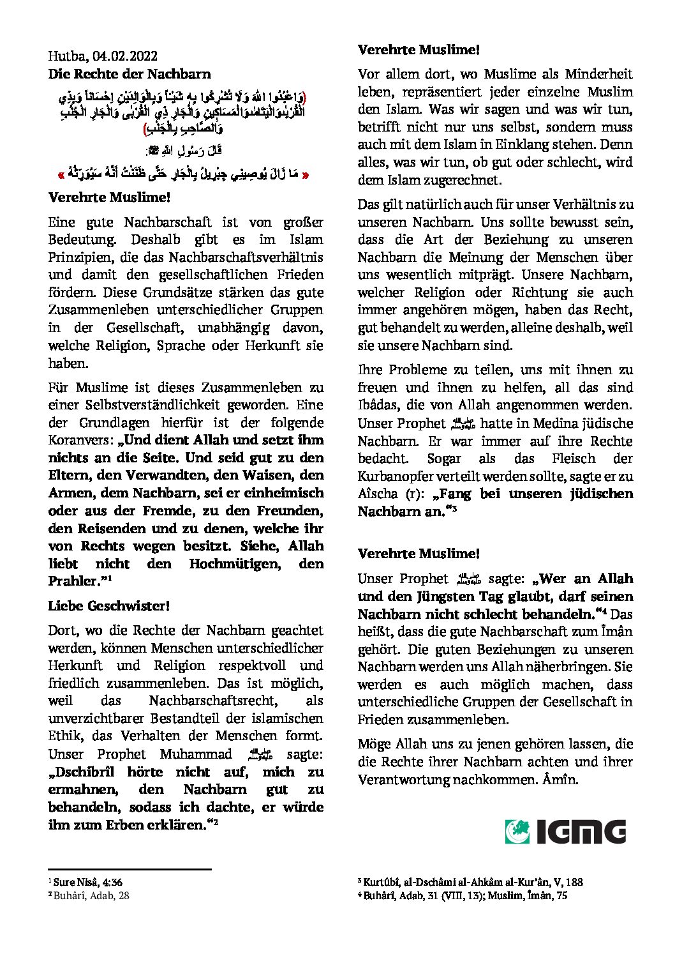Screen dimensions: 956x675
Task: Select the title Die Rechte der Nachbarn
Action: tap(130, 74)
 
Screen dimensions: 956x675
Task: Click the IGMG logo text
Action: tap(581, 832)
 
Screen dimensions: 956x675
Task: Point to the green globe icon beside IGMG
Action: tap(517, 832)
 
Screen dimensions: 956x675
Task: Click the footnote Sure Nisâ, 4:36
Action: tap(88, 882)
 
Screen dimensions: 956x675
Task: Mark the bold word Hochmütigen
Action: tap(234, 564)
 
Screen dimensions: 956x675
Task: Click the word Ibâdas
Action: tap(381, 405)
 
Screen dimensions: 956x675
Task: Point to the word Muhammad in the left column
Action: tap(197, 754)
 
